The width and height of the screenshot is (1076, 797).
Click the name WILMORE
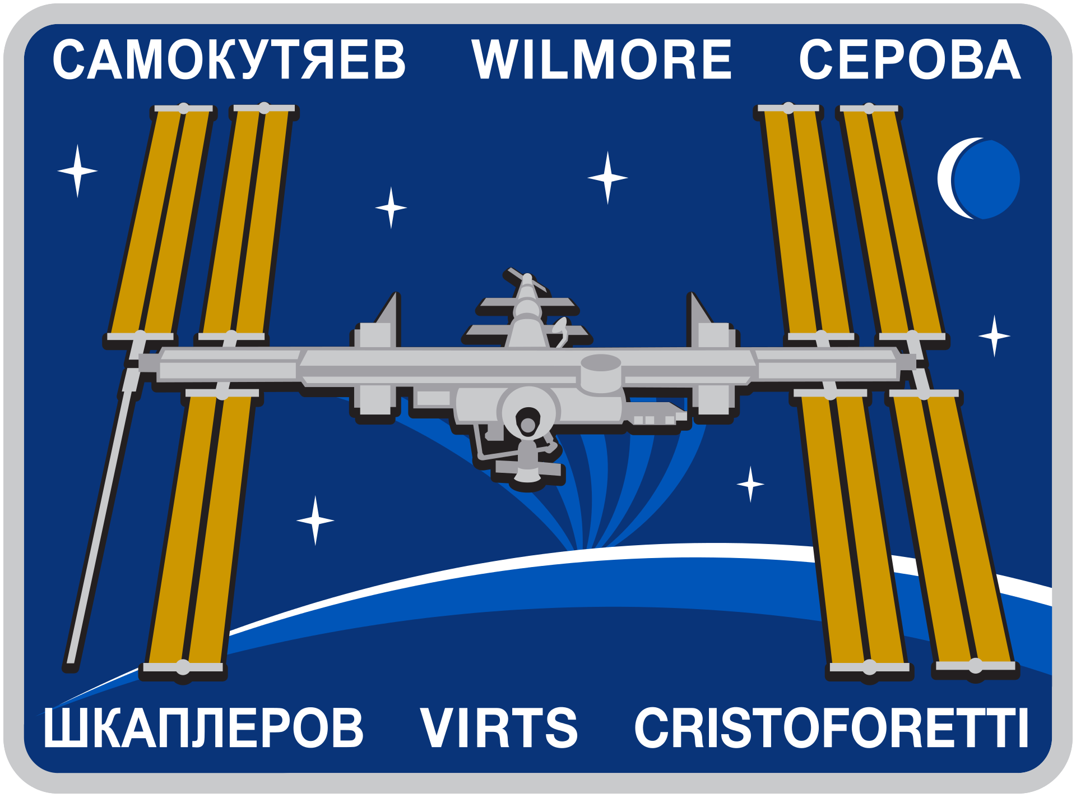pyautogui.click(x=601, y=59)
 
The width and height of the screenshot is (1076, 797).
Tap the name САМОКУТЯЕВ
pyautogui.click(x=229, y=59)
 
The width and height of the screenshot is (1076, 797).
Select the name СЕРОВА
pyautogui.click(x=910, y=59)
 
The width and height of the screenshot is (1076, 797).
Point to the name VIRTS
pyautogui.click(x=499, y=727)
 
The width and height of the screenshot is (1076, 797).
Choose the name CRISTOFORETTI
pyautogui.click(x=831, y=727)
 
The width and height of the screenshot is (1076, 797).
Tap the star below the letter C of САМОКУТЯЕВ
pyautogui.click(x=77, y=171)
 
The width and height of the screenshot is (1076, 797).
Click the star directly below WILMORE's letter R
pyautogui.click(x=607, y=178)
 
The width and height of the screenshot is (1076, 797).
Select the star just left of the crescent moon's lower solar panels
pyautogui.click(x=750, y=484)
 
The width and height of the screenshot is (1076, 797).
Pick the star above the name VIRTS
pyautogui.click(x=316, y=520)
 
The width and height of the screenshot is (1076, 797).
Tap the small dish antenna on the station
pyautogui.click(x=560, y=331)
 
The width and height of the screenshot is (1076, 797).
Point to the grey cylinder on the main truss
pyautogui.click(x=601, y=373)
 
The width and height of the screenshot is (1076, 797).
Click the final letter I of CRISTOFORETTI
pyautogui.click(x=1023, y=727)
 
